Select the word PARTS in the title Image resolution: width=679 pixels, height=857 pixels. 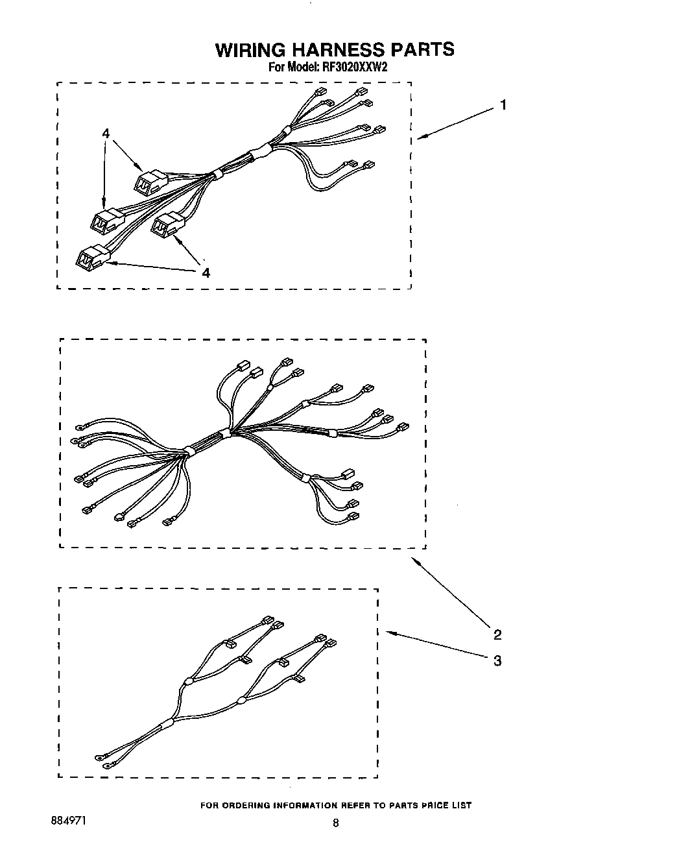click(x=422, y=50)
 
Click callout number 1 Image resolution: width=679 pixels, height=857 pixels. click(x=503, y=105)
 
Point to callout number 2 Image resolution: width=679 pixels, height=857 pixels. click(x=497, y=634)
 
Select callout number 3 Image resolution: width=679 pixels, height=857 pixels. click(x=497, y=661)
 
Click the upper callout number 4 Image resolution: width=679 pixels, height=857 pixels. click(x=106, y=134)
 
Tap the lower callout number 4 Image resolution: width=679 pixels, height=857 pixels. click(x=206, y=272)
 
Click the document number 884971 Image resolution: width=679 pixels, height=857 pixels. click(x=67, y=821)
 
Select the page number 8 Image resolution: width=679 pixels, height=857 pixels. click(x=335, y=823)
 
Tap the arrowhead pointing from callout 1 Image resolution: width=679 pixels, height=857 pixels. click(x=419, y=136)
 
